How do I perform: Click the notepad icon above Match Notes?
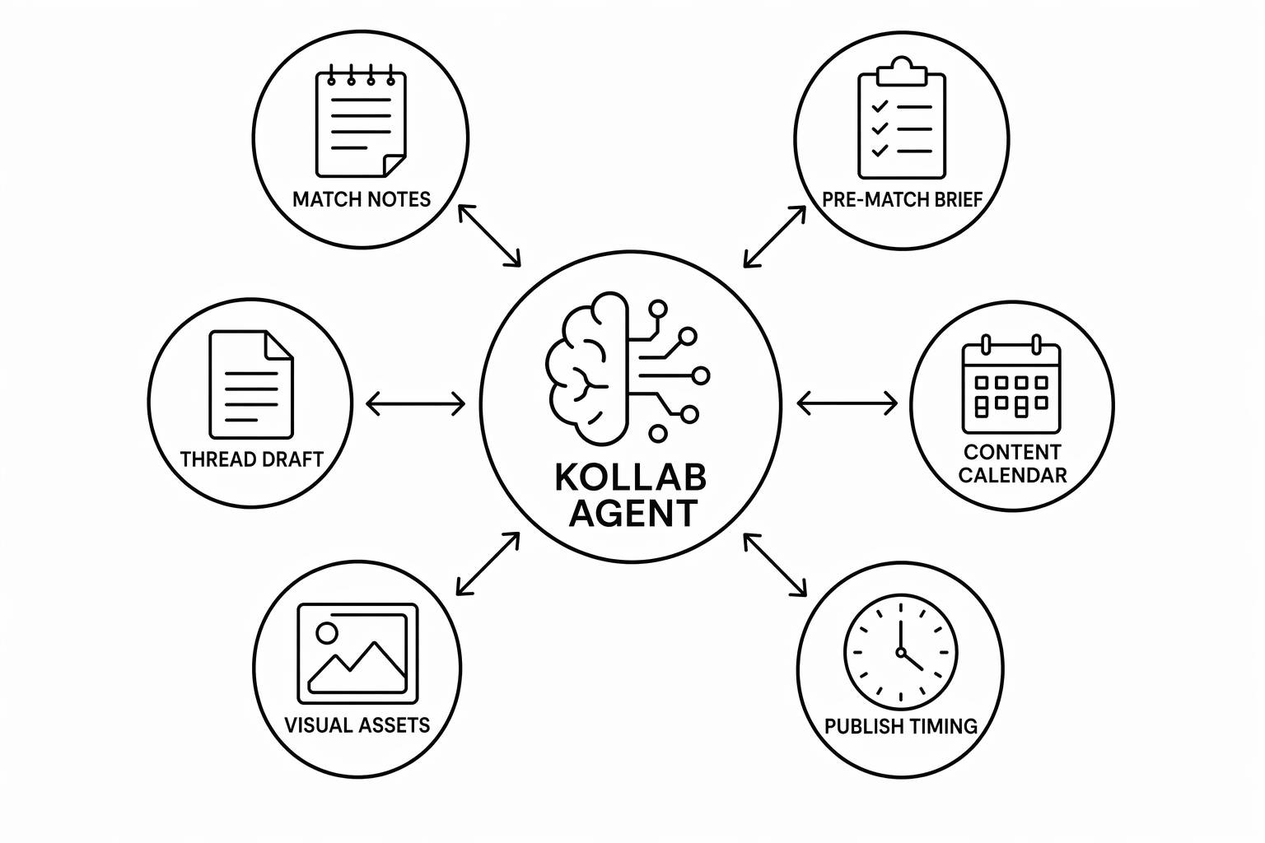(361, 121)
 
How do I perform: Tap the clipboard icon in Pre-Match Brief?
(901, 118)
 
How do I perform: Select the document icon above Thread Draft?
(251, 384)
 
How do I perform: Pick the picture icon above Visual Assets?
(357, 654)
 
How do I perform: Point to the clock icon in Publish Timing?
(901, 651)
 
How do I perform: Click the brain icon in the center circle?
(627, 367)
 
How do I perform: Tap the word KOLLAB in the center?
(631, 477)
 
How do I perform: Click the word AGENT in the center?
(633, 513)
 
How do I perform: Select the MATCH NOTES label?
(362, 199)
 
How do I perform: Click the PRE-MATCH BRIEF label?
(902, 200)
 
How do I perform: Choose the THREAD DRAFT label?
(251, 459)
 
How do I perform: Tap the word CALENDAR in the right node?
(1012, 476)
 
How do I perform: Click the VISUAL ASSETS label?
(357, 725)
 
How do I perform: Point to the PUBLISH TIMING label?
(901, 726)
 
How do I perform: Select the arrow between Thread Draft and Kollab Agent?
(416, 403)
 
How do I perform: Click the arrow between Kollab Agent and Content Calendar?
(847, 403)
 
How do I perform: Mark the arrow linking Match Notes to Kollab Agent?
(489, 235)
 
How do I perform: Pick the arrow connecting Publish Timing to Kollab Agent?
(775, 565)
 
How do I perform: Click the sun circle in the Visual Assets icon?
(326, 632)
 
